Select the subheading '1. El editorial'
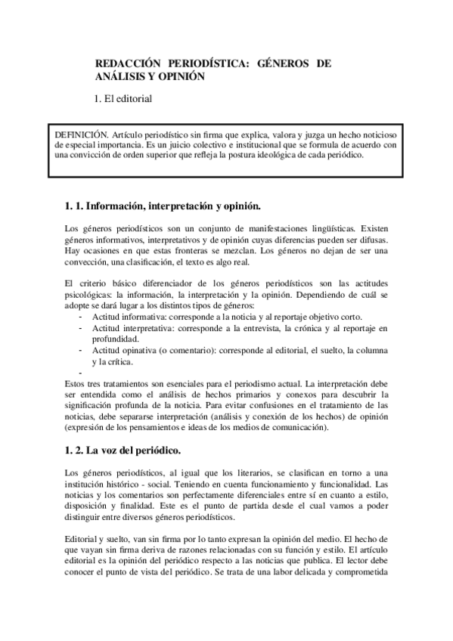point(123,98)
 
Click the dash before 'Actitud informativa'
point(80,317)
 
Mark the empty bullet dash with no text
point(80,373)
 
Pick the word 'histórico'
point(125,485)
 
